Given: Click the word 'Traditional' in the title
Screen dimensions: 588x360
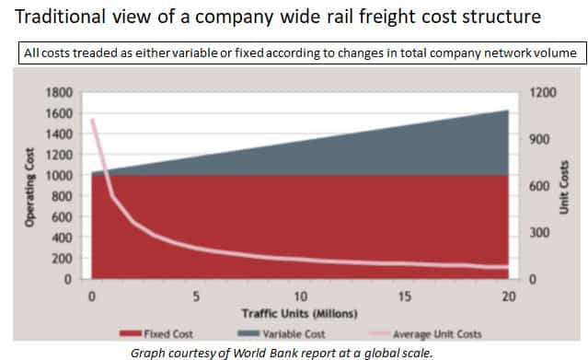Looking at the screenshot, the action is [x=61, y=17].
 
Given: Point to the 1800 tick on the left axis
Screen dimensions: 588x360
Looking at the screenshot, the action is [x=59, y=92].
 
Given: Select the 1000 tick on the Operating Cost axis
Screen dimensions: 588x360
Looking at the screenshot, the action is [x=59, y=175].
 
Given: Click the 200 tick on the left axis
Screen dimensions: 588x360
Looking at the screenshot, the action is [x=62, y=259].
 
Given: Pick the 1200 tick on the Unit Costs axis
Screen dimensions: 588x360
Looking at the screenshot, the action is [x=543, y=92].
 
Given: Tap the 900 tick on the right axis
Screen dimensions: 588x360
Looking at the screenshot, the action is [x=539, y=139].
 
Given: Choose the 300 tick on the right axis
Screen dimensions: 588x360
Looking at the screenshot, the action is [x=539, y=233].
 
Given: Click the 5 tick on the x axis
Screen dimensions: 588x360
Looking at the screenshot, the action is [x=196, y=296].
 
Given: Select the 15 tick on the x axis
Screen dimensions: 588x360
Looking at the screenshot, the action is [x=405, y=296].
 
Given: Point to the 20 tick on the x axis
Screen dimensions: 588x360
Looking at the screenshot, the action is [x=509, y=296].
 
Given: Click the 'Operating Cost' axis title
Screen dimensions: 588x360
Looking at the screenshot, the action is [x=29, y=187].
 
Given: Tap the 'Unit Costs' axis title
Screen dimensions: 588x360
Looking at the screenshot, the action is [x=564, y=187].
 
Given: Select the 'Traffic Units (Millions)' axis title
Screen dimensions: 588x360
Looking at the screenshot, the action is [x=300, y=313].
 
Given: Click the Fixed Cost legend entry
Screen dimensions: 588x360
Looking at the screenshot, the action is [x=156, y=333].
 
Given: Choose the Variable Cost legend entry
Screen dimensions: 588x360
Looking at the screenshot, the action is [x=282, y=333].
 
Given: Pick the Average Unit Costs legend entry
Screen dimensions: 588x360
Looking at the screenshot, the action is [x=425, y=333].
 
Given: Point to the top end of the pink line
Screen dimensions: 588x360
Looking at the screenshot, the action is [x=93, y=120].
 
